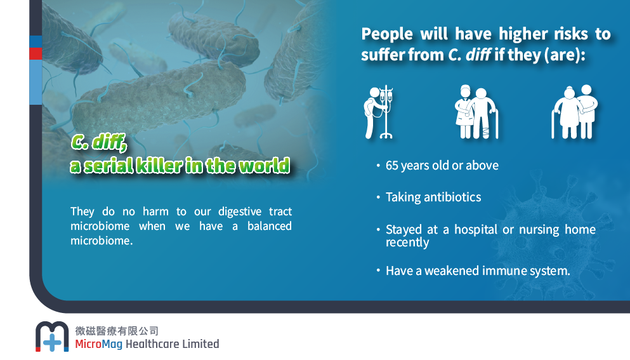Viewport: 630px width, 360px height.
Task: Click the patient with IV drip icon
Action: pyautogui.click(x=379, y=112)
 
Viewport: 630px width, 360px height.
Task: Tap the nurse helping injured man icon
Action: pyautogui.click(x=476, y=112)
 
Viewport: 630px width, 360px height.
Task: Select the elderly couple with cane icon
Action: pyautogui.click(x=575, y=112)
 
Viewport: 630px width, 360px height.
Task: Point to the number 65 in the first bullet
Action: pyautogui.click(x=391, y=165)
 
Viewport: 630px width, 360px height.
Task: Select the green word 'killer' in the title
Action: pyautogui.click(x=159, y=165)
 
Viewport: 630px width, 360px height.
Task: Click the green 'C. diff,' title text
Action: pyautogui.click(x=99, y=142)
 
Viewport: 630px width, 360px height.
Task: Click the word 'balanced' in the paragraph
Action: pyautogui.click(x=269, y=226)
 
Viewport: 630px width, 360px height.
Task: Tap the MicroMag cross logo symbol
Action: pyautogui.click(x=52, y=337)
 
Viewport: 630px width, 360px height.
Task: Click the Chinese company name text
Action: pyautogui.click(x=117, y=331)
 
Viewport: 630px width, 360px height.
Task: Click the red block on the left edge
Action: pyautogui.click(x=36, y=53)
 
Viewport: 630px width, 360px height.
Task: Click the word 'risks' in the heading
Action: pyautogui.click(x=571, y=34)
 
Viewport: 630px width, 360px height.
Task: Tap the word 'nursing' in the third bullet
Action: pyautogui.click(x=539, y=230)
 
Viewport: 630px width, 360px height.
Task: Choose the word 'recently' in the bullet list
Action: pyautogui.click(x=407, y=242)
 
